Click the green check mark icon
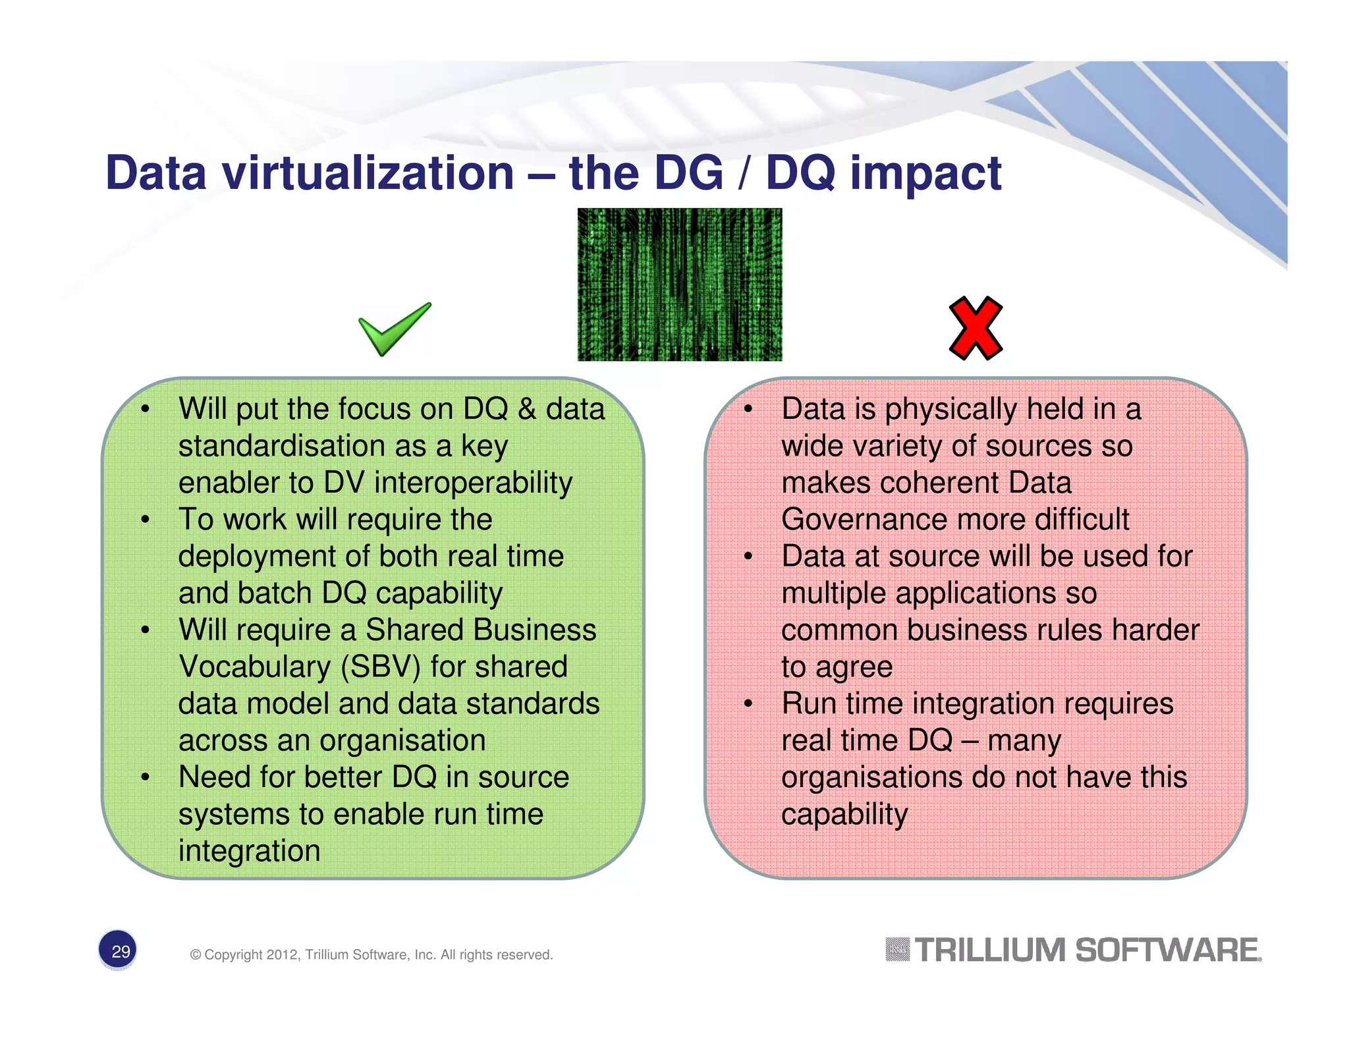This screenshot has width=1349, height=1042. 394,329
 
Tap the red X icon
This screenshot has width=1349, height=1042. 976,328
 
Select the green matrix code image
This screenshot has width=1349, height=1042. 680,285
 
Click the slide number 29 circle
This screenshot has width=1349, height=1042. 119,950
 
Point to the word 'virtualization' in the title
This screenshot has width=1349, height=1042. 368,173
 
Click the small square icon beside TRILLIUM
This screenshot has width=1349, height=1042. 897,949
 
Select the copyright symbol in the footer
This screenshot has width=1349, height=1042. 196,955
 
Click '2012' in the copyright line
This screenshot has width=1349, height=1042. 282,955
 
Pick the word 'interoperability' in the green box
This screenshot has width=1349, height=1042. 474,483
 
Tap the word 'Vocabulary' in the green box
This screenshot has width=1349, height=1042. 254,667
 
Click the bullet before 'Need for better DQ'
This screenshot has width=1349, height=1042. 146,777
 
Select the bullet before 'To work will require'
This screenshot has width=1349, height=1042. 146,520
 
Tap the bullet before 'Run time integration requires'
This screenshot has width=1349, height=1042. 748,703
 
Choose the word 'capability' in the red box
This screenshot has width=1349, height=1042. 844,815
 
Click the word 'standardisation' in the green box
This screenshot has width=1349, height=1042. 281,447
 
